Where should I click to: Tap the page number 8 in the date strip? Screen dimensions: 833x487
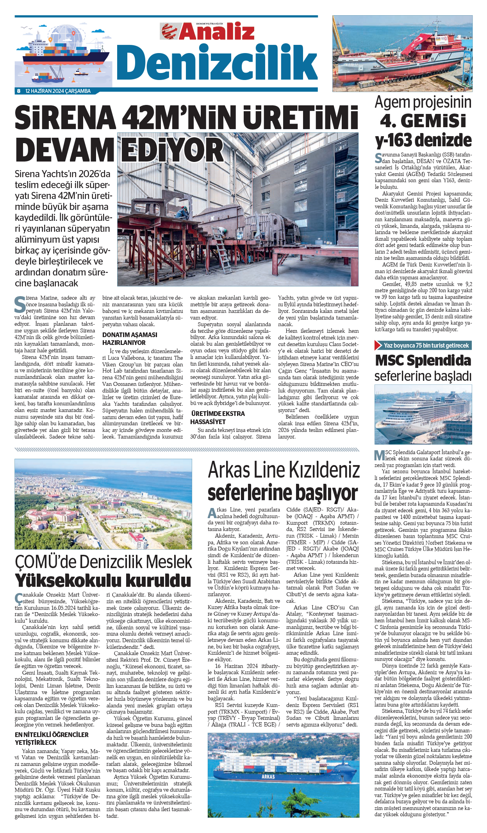pos(18,91)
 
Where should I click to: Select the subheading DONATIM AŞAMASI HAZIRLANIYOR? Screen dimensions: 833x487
pos(130,339)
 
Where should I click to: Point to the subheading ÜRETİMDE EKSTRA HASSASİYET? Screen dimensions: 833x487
pos(218,417)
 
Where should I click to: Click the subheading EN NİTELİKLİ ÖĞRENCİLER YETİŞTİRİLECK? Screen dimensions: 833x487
pos(52,739)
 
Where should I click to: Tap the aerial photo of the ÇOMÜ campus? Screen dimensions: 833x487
pos(103,504)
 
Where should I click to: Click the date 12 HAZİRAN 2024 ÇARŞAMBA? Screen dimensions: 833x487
pos(58,91)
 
